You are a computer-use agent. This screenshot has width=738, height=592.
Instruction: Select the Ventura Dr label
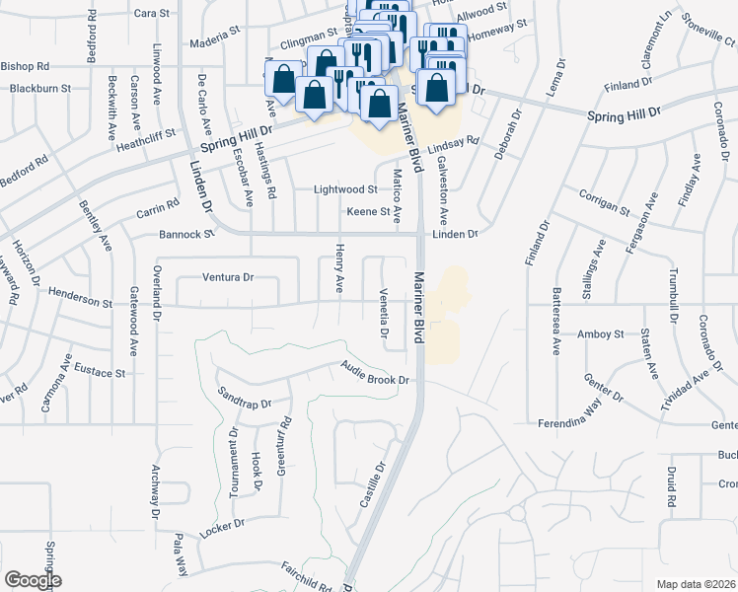[229, 277]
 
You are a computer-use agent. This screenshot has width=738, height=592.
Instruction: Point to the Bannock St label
[186, 235]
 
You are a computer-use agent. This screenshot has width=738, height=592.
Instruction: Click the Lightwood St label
[345, 189]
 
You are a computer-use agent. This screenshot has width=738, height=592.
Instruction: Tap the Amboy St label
[602, 334]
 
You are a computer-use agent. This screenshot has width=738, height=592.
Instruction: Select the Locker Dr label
[220, 522]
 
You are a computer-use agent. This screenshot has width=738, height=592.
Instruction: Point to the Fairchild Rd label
[299, 575]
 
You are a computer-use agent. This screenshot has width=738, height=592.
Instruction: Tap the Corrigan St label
[605, 201]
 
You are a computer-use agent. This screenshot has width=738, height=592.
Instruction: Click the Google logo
[32, 580]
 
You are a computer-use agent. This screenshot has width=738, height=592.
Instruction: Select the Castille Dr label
[372, 485]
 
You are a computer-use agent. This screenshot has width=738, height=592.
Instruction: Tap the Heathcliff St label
[140, 133]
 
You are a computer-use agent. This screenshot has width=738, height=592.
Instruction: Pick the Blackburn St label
[40, 88]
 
